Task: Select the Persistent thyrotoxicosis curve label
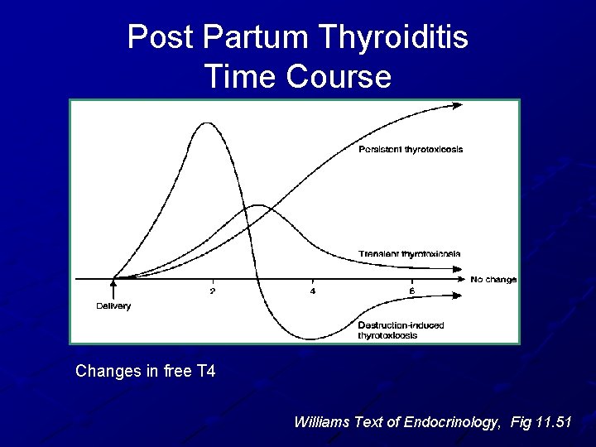[x=411, y=150]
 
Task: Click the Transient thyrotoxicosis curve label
[x=410, y=253]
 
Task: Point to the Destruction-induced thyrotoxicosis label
[x=401, y=330]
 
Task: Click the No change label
[x=493, y=280]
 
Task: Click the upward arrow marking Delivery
[x=113, y=288]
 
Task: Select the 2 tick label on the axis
[x=213, y=291]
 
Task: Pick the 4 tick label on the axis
[x=312, y=291]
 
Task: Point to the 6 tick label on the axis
[x=411, y=291]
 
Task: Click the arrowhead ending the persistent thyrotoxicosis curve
[x=459, y=105]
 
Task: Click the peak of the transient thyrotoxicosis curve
[x=260, y=204]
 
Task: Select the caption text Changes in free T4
[x=146, y=372]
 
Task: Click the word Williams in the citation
[x=323, y=422]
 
